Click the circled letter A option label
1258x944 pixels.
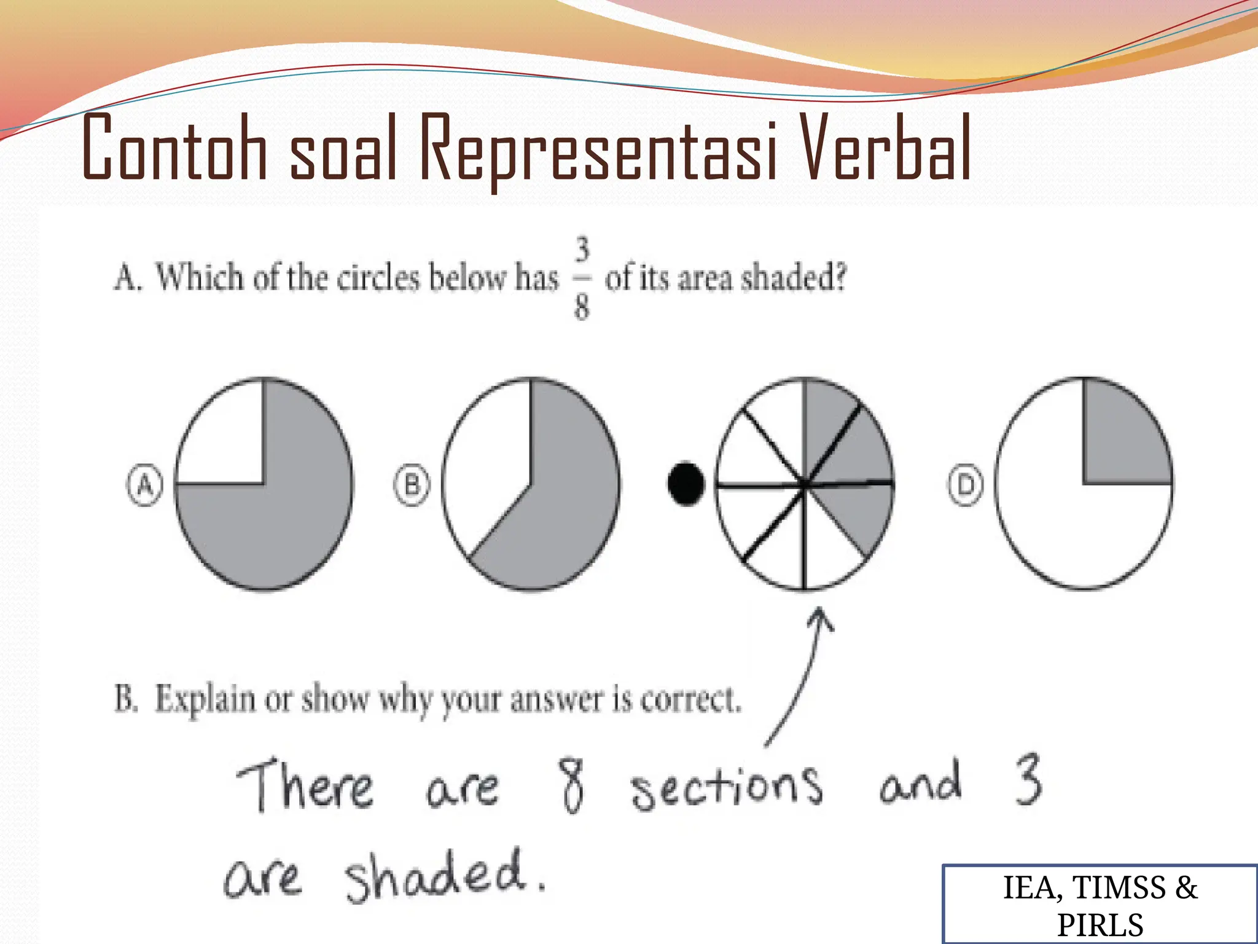coord(145,486)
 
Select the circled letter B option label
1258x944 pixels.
coord(412,486)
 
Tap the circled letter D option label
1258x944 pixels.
coord(966,486)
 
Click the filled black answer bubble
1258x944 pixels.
coord(686,484)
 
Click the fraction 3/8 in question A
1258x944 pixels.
coord(582,279)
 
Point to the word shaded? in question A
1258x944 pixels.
coord(794,278)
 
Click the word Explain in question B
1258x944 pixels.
coord(205,699)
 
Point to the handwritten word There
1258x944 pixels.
coord(305,785)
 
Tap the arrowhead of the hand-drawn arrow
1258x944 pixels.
coord(819,618)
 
